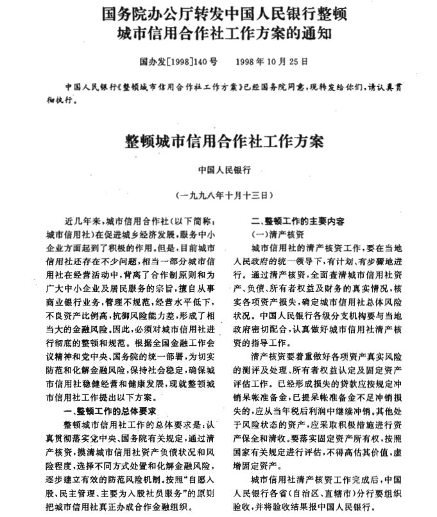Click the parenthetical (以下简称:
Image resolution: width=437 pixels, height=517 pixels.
[x=189, y=221]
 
